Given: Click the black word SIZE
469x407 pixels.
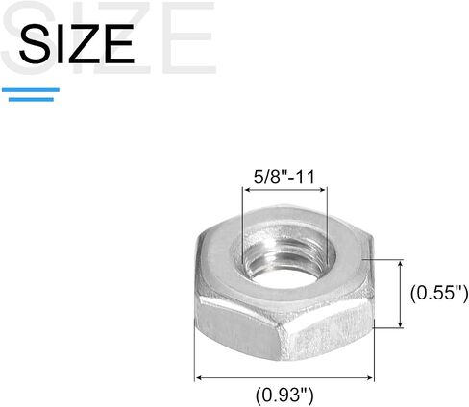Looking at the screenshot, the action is click(x=76, y=43).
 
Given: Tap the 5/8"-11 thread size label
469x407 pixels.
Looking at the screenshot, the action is click(x=284, y=177).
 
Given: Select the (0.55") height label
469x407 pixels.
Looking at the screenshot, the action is click(x=439, y=293).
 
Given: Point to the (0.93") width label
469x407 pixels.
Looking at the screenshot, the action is click(x=284, y=395).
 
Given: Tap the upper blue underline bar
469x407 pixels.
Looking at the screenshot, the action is click(x=31, y=90).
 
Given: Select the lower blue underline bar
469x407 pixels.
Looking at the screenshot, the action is click(x=31, y=100).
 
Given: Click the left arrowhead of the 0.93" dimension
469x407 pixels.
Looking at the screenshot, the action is click(x=199, y=378).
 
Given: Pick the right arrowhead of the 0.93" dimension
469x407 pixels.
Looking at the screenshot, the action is click(x=370, y=378).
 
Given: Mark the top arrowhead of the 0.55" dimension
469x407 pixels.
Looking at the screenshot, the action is click(x=400, y=264).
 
